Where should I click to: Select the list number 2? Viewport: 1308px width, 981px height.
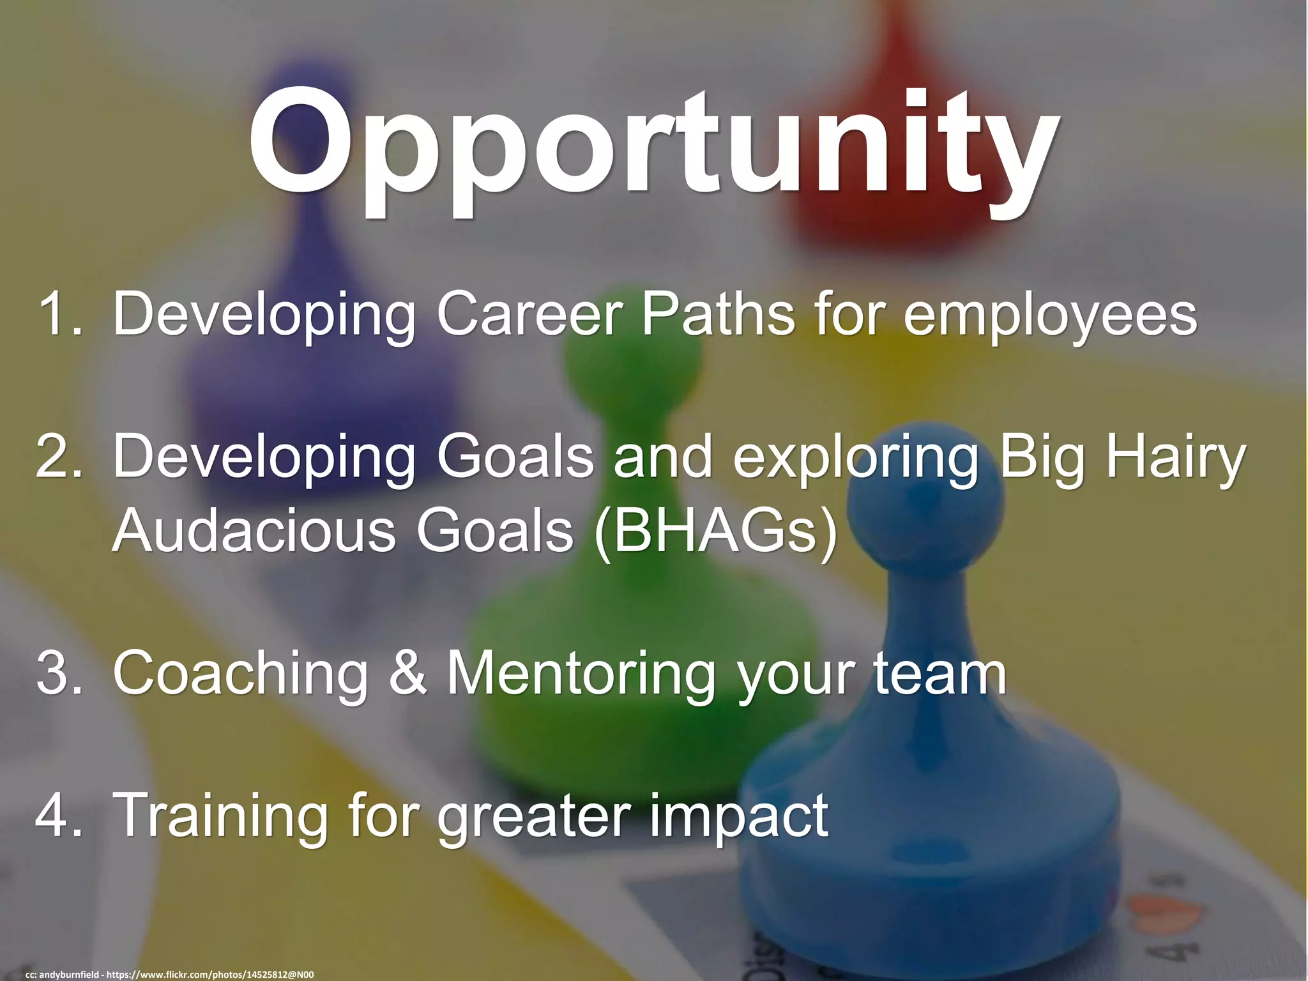59,455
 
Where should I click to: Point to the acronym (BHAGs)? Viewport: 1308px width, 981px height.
715,531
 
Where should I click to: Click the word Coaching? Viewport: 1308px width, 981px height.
240,674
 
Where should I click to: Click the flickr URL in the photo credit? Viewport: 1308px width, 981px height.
209,974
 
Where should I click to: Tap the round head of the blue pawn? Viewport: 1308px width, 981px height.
925,505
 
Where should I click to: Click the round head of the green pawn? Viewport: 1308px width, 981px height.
632,370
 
